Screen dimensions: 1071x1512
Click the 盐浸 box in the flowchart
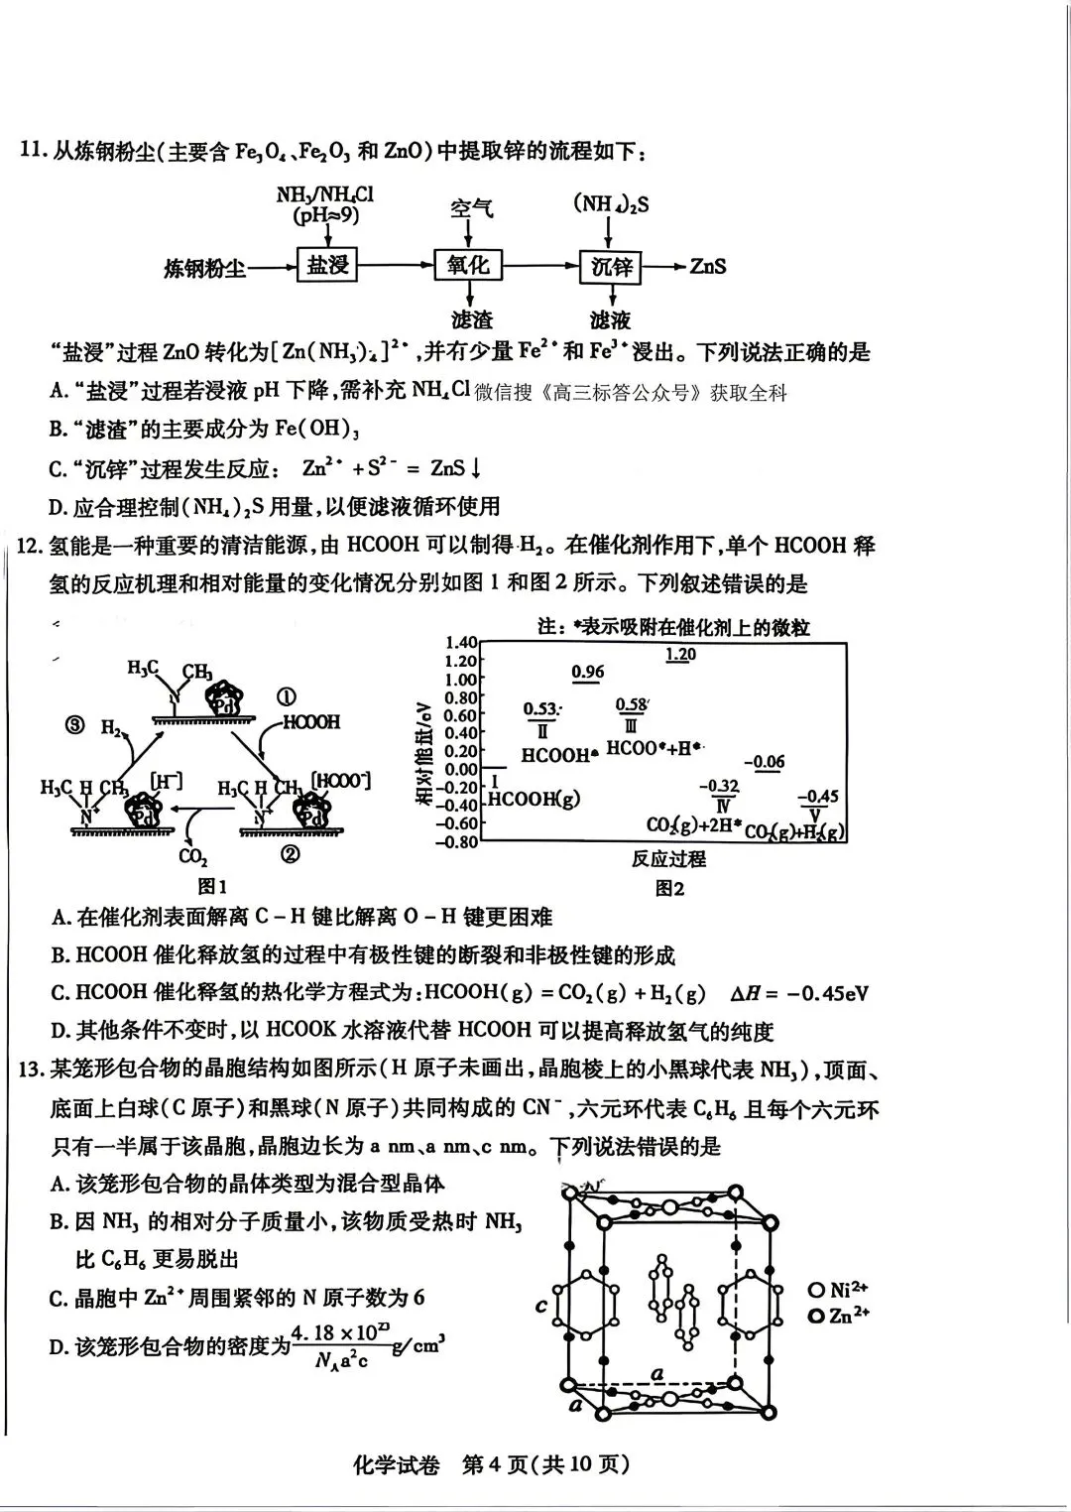click(327, 266)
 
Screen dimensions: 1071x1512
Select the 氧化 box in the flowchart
click(468, 265)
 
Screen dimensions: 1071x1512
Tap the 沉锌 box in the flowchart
click(611, 266)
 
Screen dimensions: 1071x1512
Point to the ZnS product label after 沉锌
click(708, 266)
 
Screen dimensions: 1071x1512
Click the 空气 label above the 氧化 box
click(471, 208)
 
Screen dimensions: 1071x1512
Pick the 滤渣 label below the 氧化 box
click(471, 319)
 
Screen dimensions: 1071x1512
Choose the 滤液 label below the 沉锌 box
click(610, 319)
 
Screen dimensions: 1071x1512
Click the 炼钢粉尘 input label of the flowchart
click(205, 268)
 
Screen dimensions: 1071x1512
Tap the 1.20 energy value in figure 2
click(680, 655)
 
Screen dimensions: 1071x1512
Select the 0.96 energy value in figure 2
click(588, 672)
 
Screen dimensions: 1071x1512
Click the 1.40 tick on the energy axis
click(462, 643)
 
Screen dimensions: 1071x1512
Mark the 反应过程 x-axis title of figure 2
click(668, 859)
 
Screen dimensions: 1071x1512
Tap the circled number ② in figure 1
click(290, 854)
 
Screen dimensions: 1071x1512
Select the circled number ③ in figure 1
click(75, 725)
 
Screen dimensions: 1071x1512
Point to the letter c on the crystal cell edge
click(541, 1305)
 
